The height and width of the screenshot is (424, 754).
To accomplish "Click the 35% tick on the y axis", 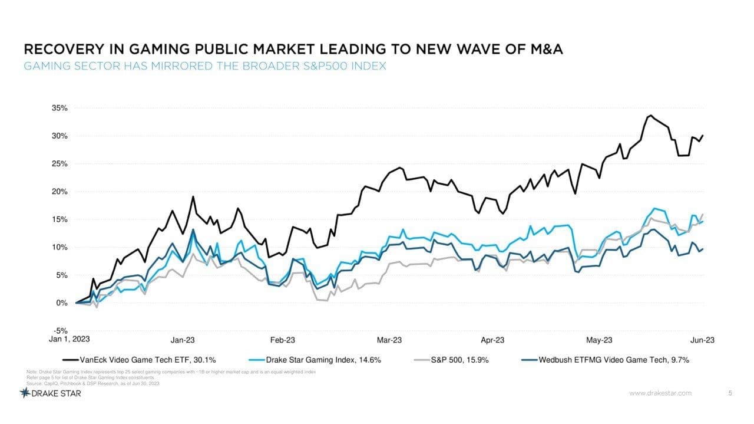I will pos(59,109).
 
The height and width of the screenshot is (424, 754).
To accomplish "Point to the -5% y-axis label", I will pos(60,331).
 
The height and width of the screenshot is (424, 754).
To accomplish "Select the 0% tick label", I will pos(61,303).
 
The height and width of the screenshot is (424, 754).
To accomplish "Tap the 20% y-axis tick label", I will pos(59,192).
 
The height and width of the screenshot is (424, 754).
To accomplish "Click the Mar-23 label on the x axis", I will pos(389,340).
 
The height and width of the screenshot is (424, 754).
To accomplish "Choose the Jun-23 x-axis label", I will pos(702,340).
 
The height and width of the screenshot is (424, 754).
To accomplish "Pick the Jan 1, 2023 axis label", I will pos(69,339).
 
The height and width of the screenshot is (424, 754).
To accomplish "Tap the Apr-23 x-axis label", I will pos(492,340).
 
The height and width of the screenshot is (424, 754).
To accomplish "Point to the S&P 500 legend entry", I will pos(459,359).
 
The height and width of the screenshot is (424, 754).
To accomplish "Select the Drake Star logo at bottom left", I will pos(50,393).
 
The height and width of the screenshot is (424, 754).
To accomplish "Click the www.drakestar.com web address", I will pos(660,393).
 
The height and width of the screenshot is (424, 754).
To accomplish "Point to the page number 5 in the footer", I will pos(730,393).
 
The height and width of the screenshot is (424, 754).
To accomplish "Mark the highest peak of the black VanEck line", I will pos(650,115).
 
